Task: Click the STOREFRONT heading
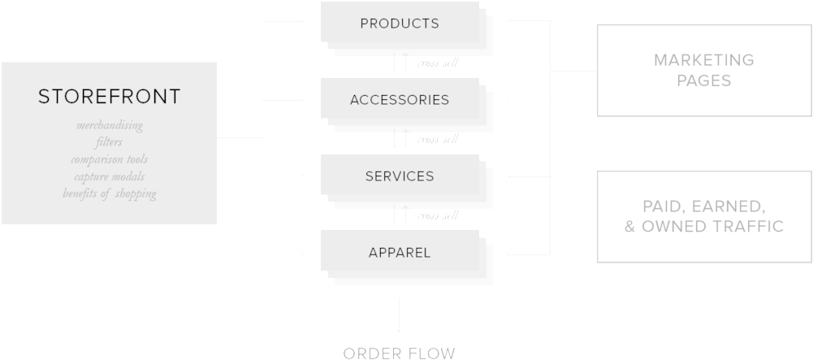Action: (109, 98)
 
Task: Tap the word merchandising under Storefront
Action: (109, 126)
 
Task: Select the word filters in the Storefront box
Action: (109, 142)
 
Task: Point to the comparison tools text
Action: (109, 159)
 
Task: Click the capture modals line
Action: (109, 176)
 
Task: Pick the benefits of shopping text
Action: (109, 193)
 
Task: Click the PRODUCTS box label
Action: (399, 24)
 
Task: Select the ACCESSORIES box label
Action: (399, 100)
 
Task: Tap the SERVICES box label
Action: (399, 176)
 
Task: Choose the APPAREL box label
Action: (399, 253)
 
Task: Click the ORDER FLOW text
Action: (399, 353)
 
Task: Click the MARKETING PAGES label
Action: (703, 70)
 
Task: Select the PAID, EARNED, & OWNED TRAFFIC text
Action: (703, 216)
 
